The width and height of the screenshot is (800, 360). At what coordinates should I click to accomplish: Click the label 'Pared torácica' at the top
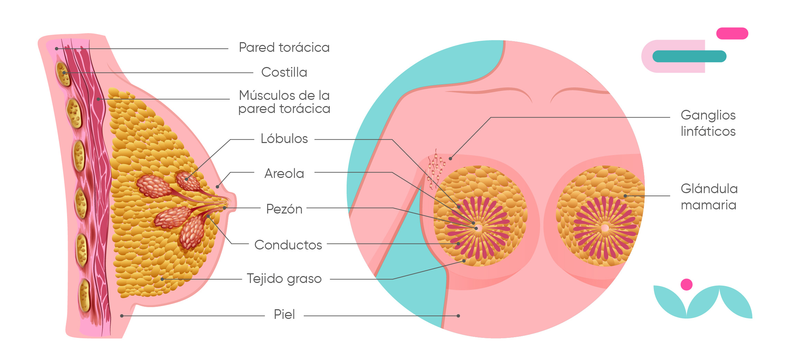[284, 48]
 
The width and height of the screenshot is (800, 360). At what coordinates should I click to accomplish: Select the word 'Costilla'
[284, 73]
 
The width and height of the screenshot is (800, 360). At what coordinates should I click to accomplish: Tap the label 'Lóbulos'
[284, 139]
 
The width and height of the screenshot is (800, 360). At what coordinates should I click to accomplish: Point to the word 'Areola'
[284, 173]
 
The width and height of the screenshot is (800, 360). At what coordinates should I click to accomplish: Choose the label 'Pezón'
[284, 209]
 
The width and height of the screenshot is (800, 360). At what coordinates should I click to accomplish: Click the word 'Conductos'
[288, 245]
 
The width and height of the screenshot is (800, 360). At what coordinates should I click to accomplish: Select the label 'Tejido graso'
[284, 279]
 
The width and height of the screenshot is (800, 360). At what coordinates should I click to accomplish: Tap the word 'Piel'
[284, 315]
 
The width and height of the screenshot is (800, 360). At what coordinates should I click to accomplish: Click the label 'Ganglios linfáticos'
[708, 123]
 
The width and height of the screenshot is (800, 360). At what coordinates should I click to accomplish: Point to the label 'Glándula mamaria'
[709, 197]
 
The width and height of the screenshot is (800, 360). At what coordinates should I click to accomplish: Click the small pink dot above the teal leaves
[686, 285]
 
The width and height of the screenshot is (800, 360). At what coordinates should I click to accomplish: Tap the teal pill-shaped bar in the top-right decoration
[689, 56]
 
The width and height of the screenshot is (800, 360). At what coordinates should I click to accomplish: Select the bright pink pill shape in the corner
[732, 34]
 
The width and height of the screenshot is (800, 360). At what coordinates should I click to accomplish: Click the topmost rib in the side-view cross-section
[63, 74]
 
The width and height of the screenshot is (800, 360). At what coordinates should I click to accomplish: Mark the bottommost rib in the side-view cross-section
[84, 296]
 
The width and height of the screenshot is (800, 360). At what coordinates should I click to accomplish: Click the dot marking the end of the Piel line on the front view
[458, 316]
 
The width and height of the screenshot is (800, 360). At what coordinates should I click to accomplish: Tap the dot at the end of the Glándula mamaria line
[625, 196]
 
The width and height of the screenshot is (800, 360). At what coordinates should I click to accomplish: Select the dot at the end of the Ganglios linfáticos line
[450, 159]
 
